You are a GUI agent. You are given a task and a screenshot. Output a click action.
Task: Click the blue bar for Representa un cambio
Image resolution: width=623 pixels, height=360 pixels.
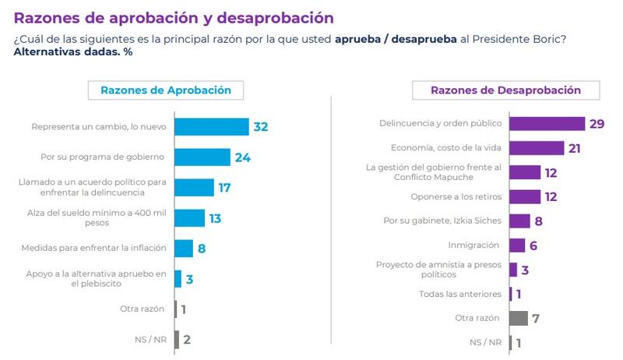pyautogui.click(x=211, y=127)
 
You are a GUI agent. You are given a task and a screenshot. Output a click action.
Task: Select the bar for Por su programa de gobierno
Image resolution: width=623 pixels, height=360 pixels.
pyautogui.click(x=202, y=157)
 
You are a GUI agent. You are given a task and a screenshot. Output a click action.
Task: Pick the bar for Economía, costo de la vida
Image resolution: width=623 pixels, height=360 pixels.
pyautogui.click(x=537, y=148)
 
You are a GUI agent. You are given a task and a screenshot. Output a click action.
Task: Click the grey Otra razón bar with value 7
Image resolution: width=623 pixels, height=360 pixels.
pyautogui.click(x=519, y=318)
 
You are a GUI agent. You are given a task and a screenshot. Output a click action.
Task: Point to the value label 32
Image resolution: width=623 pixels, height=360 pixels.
pyautogui.click(x=260, y=127)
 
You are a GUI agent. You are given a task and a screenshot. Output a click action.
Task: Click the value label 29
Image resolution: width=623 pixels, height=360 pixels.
pyautogui.click(x=597, y=124)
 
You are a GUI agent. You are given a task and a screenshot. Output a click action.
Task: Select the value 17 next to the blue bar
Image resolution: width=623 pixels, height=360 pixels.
pyautogui.click(x=225, y=188)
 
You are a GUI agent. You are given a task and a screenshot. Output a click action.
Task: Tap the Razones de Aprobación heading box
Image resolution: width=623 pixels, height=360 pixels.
pyautogui.click(x=166, y=90)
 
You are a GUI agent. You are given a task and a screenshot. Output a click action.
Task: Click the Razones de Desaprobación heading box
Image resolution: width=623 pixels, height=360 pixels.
pyautogui.click(x=505, y=90)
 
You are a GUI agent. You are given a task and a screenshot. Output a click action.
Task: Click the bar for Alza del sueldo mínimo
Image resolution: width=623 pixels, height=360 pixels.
pyautogui.click(x=189, y=218)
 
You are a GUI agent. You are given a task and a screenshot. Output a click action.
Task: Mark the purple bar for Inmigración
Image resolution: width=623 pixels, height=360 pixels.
pyautogui.click(x=516, y=245)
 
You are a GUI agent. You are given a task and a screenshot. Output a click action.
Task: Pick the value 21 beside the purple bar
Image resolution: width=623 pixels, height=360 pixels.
pyautogui.click(x=575, y=148)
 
